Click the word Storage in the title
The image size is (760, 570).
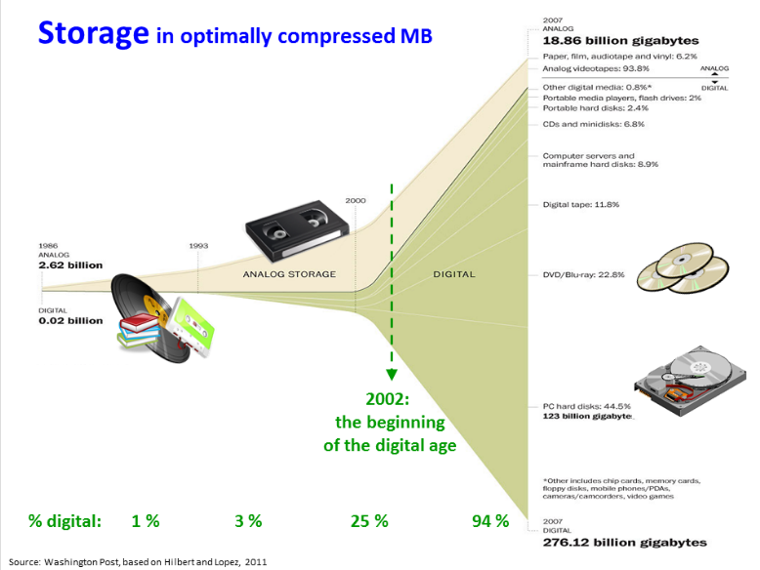tap(94, 34)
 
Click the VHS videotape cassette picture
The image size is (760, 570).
tap(297, 229)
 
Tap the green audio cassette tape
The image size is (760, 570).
tap(191, 327)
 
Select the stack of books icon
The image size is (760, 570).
tap(140, 330)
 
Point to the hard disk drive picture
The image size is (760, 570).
tap(691, 381)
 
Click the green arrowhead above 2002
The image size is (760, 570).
tap(392, 375)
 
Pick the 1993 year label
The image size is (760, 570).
tap(198, 246)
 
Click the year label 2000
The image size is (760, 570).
tap(356, 200)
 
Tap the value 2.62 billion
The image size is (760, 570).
tap(70, 265)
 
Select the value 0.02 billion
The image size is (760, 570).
tap(70, 320)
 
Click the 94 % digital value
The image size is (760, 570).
tap(490, 521)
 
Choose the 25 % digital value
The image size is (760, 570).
tap(369, 521)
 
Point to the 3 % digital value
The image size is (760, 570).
tap(248, 521)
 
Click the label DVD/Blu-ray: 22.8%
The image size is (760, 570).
tap(583, 274)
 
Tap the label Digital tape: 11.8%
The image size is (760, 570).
tap(581, 204)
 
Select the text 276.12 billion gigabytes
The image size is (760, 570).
tap(625, 543)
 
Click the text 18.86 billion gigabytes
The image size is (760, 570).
tap(621, 41)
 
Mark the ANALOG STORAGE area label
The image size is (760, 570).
tap(289, 274)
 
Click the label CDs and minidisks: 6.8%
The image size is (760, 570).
tap(594, 124)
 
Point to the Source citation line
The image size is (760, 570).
tap(138, 562)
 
